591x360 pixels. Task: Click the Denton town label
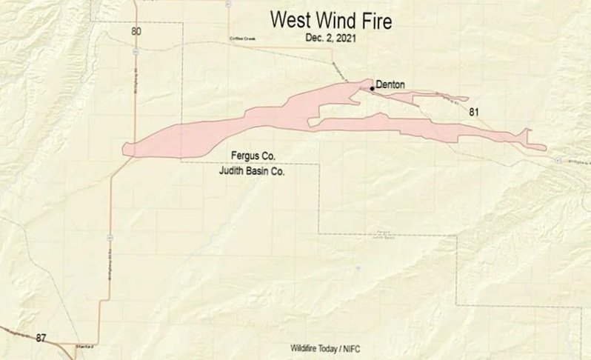coord(390,85)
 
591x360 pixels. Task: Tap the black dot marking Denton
coord(371,87)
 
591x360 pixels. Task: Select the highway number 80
coord(136,31)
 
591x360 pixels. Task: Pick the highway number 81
coord(475,113)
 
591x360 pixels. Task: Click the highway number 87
coord(41,338)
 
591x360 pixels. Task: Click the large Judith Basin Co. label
coord(249,170)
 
